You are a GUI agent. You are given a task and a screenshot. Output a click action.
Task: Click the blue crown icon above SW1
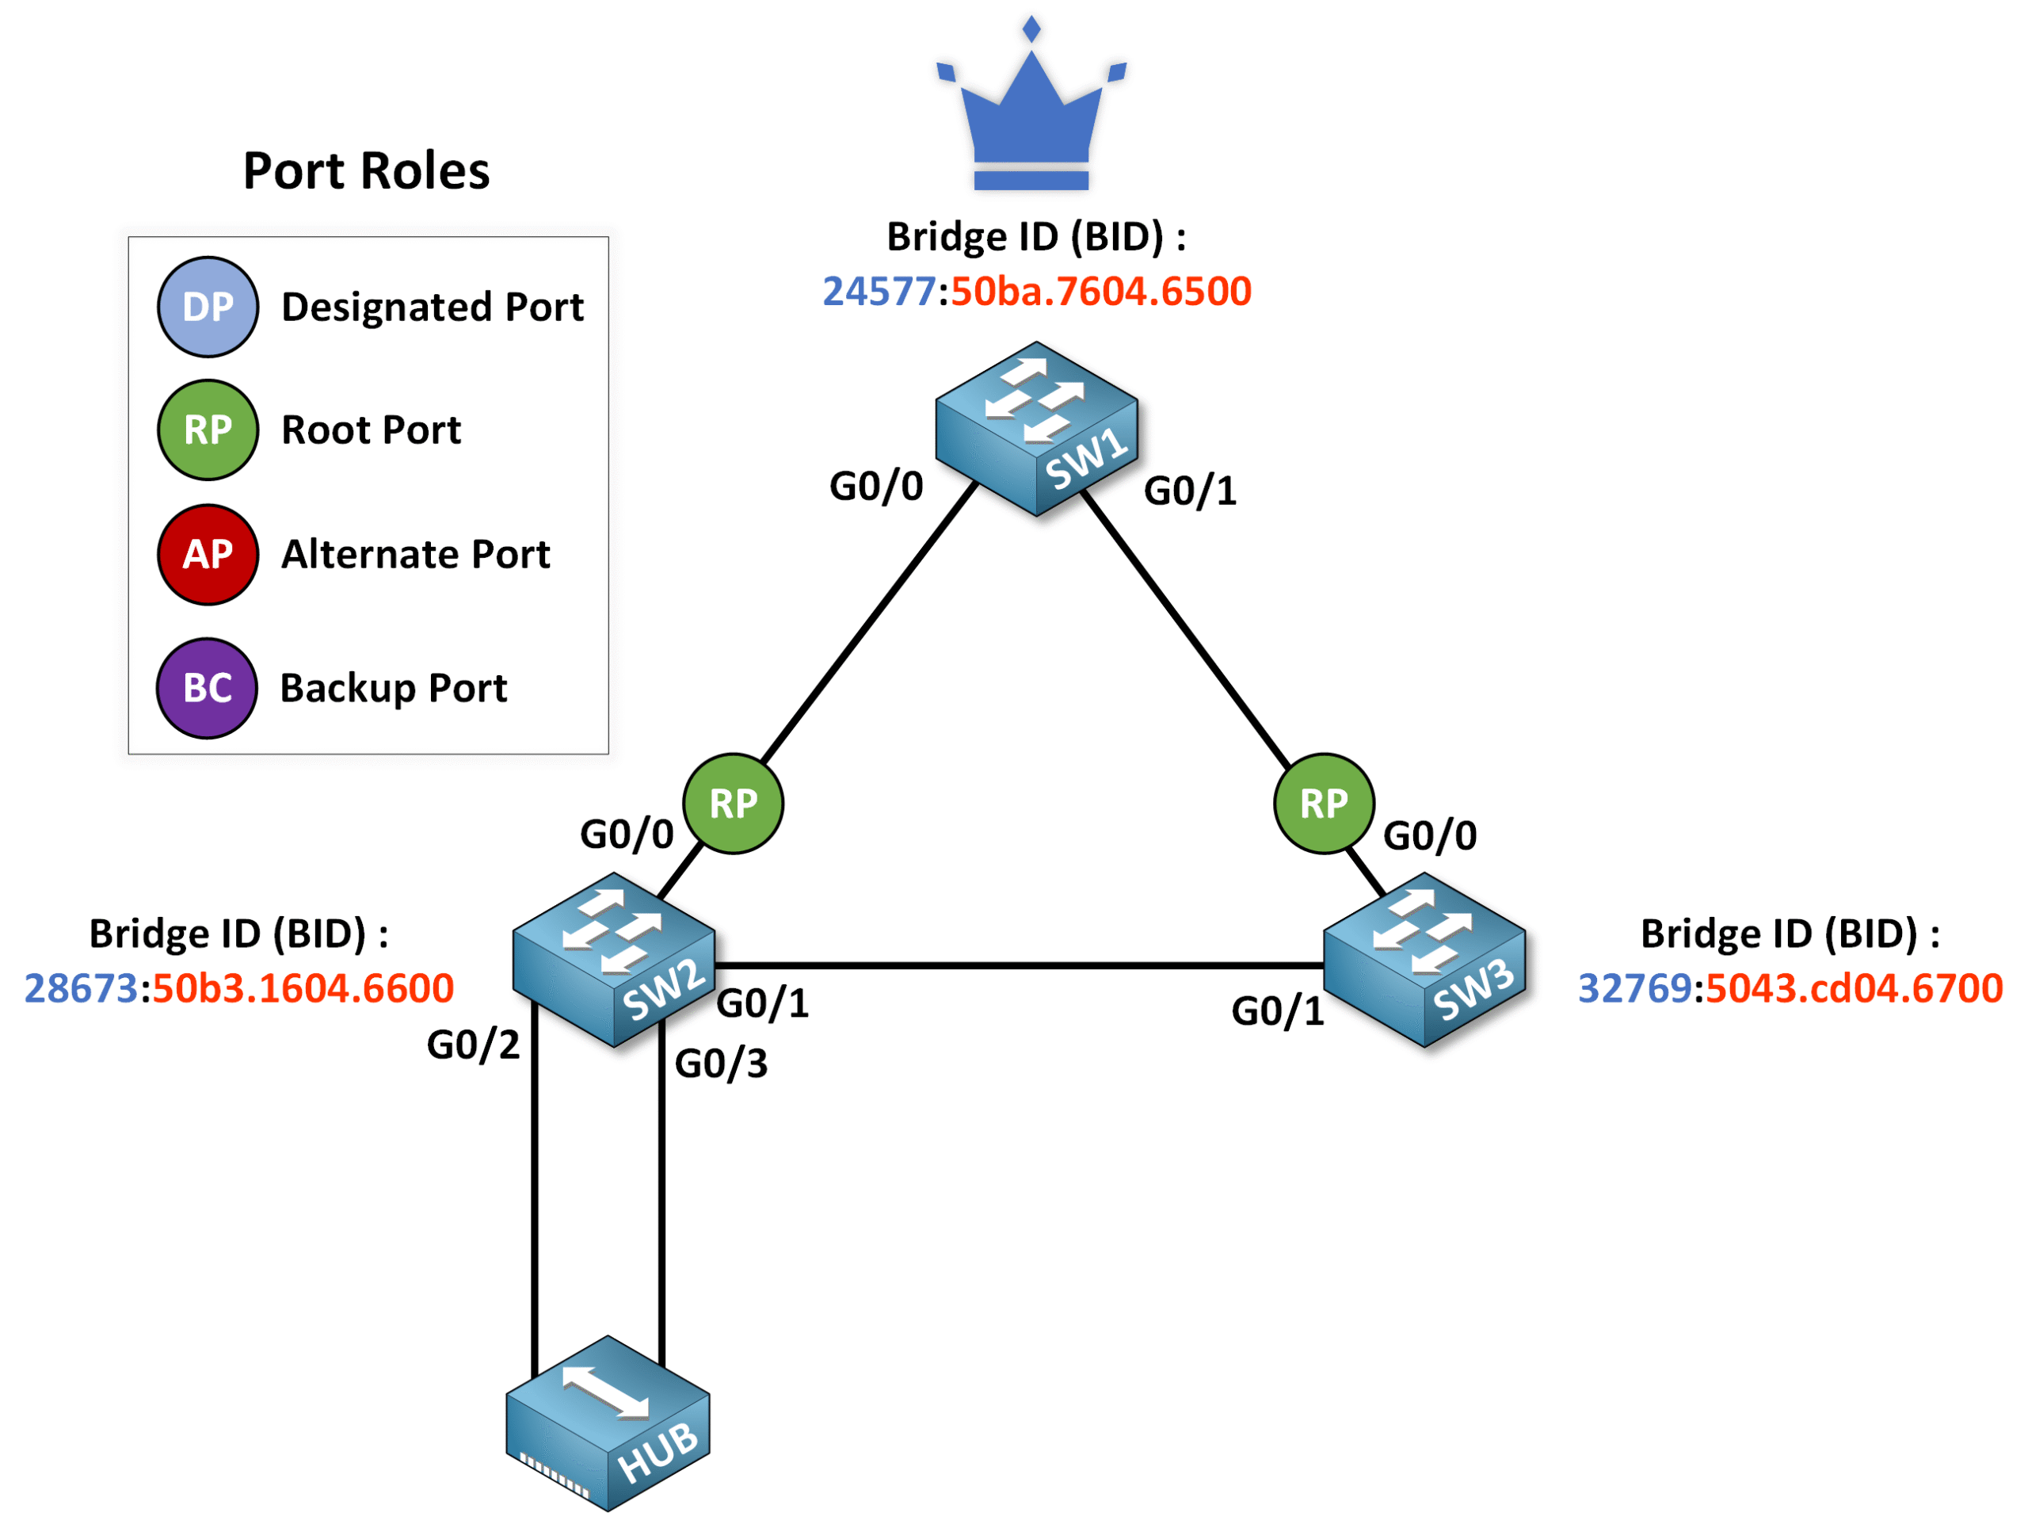point(1031,115)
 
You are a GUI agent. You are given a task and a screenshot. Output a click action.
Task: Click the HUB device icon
point(608,1423)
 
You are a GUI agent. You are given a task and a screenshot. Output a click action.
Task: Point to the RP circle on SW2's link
point(733,804)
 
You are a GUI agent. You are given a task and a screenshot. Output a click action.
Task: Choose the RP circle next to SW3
point(1323,804)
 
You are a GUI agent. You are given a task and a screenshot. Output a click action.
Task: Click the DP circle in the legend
point(208,307)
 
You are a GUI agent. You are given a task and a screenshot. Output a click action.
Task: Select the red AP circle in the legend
point(208,554)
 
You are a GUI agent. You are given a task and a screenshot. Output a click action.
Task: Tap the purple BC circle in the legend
point(208,688)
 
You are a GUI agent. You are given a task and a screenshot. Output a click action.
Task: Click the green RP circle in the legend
point(208,430)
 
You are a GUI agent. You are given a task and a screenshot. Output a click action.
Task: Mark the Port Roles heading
point(366,170)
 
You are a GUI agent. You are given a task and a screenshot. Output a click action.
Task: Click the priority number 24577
point(878,292)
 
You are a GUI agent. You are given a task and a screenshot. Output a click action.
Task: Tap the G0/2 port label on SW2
point(472,1045)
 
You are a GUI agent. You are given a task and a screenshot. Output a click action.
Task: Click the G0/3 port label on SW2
point(721,1064)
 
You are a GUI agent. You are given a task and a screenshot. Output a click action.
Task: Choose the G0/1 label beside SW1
point(1189,491)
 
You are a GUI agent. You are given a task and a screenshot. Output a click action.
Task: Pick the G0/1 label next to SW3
point(1277,1010)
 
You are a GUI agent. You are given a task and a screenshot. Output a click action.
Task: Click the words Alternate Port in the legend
point(415,554)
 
